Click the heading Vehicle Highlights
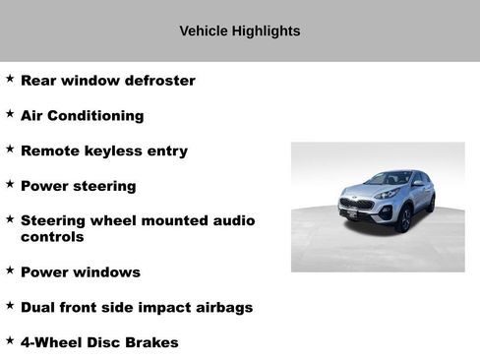pyautogui.click(x=240, y=30)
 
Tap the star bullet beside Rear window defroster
pyautogui.click(x=10, y=78)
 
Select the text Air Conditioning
pyautogui.click(x=82, y=115)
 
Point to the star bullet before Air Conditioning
pyautogui.click(x=10, y=113)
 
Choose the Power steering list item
pyautogui.click(x=78, y=186)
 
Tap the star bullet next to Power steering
pyautogui.click(x=10, y=184)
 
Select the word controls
pyautogui.click(x=52, y=237)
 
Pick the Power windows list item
pyautogui.click(x=80, y=271)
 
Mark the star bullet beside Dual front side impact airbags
pyautogui.click(x=10, y=305)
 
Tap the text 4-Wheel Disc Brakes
pyautogui.click(x=99, y=342)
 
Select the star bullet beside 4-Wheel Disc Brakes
pyautogui.click(x=10, y=340)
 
